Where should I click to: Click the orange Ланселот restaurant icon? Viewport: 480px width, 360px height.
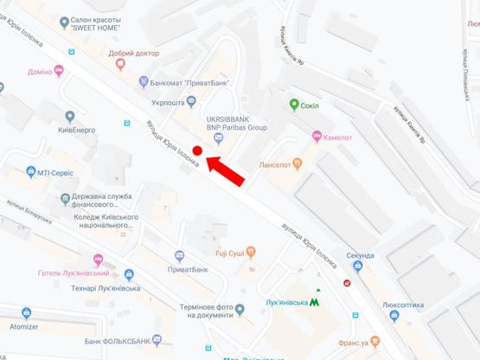[x=297, y=162]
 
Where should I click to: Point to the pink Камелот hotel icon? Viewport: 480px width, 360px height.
[x=317, y=137]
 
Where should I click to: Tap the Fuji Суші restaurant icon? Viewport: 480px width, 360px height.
[x=251, y=253]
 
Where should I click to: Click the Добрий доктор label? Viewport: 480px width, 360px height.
[x=134, y=53]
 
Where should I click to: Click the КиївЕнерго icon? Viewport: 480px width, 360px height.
[x=70, y=116]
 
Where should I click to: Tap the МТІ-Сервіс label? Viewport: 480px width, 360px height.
[x=57, y=172]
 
